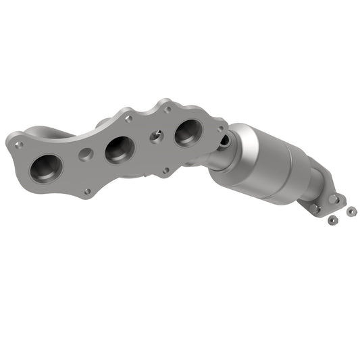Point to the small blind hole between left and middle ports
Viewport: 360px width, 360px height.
(85, 153)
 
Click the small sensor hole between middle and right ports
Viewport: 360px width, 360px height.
(155, 136)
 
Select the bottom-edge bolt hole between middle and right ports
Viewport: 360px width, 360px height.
(165, 170)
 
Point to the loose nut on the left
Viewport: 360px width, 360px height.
(330, 220)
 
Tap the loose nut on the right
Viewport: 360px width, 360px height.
(351, 211)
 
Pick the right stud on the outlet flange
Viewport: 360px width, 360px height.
(335, 199)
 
